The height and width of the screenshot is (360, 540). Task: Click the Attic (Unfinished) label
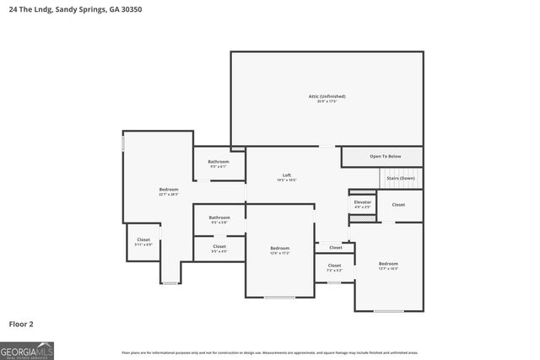327,96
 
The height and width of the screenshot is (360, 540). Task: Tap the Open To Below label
385,157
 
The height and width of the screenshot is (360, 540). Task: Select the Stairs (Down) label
400,179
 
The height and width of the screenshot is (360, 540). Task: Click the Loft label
287,175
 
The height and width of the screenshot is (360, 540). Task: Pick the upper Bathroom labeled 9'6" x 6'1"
219,161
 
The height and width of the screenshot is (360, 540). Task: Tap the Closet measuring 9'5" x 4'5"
219,247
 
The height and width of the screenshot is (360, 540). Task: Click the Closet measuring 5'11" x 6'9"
143,240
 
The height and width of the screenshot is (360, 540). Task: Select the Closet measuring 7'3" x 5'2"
335,266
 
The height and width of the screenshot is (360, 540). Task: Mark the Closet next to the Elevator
398,205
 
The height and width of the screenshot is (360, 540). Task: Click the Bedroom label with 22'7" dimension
169,190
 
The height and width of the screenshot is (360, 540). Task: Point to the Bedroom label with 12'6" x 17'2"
279,248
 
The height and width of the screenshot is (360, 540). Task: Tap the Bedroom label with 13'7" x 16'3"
388,264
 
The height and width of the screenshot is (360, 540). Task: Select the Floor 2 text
21,323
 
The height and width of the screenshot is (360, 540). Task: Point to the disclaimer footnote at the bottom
270,352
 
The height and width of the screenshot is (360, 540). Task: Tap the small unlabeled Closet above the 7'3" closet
335,248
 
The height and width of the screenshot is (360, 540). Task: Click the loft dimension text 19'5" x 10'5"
287,180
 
